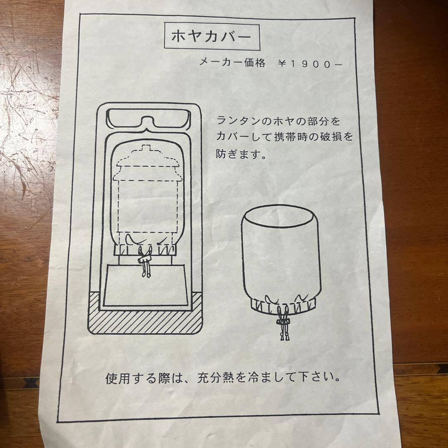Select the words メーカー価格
pos(232,63)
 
